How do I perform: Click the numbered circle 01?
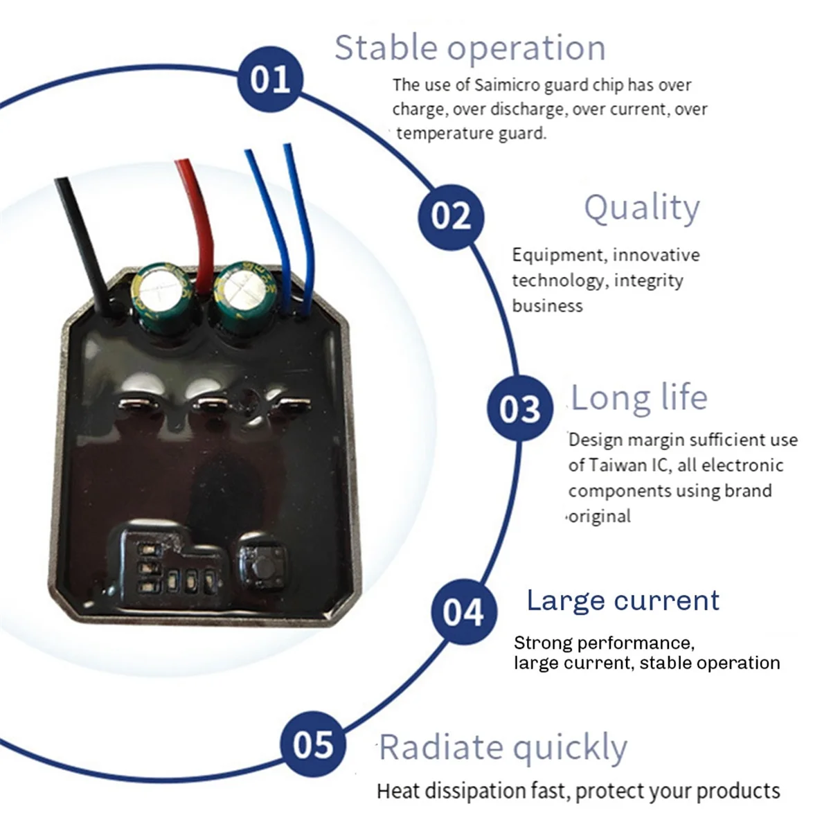click(270, 79)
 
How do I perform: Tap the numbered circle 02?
click(451, 217)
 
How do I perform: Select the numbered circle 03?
click(520, 408)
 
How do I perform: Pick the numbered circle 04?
click(463, 611)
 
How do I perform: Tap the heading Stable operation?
click(470, 48)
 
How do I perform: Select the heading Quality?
click(642, 208)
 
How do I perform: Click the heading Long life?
click(639, 397)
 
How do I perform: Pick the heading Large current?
click(623, 600)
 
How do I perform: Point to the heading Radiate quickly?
click(503, 748)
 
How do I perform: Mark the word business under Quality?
click(547, 306)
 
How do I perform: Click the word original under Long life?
click(600, 516)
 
